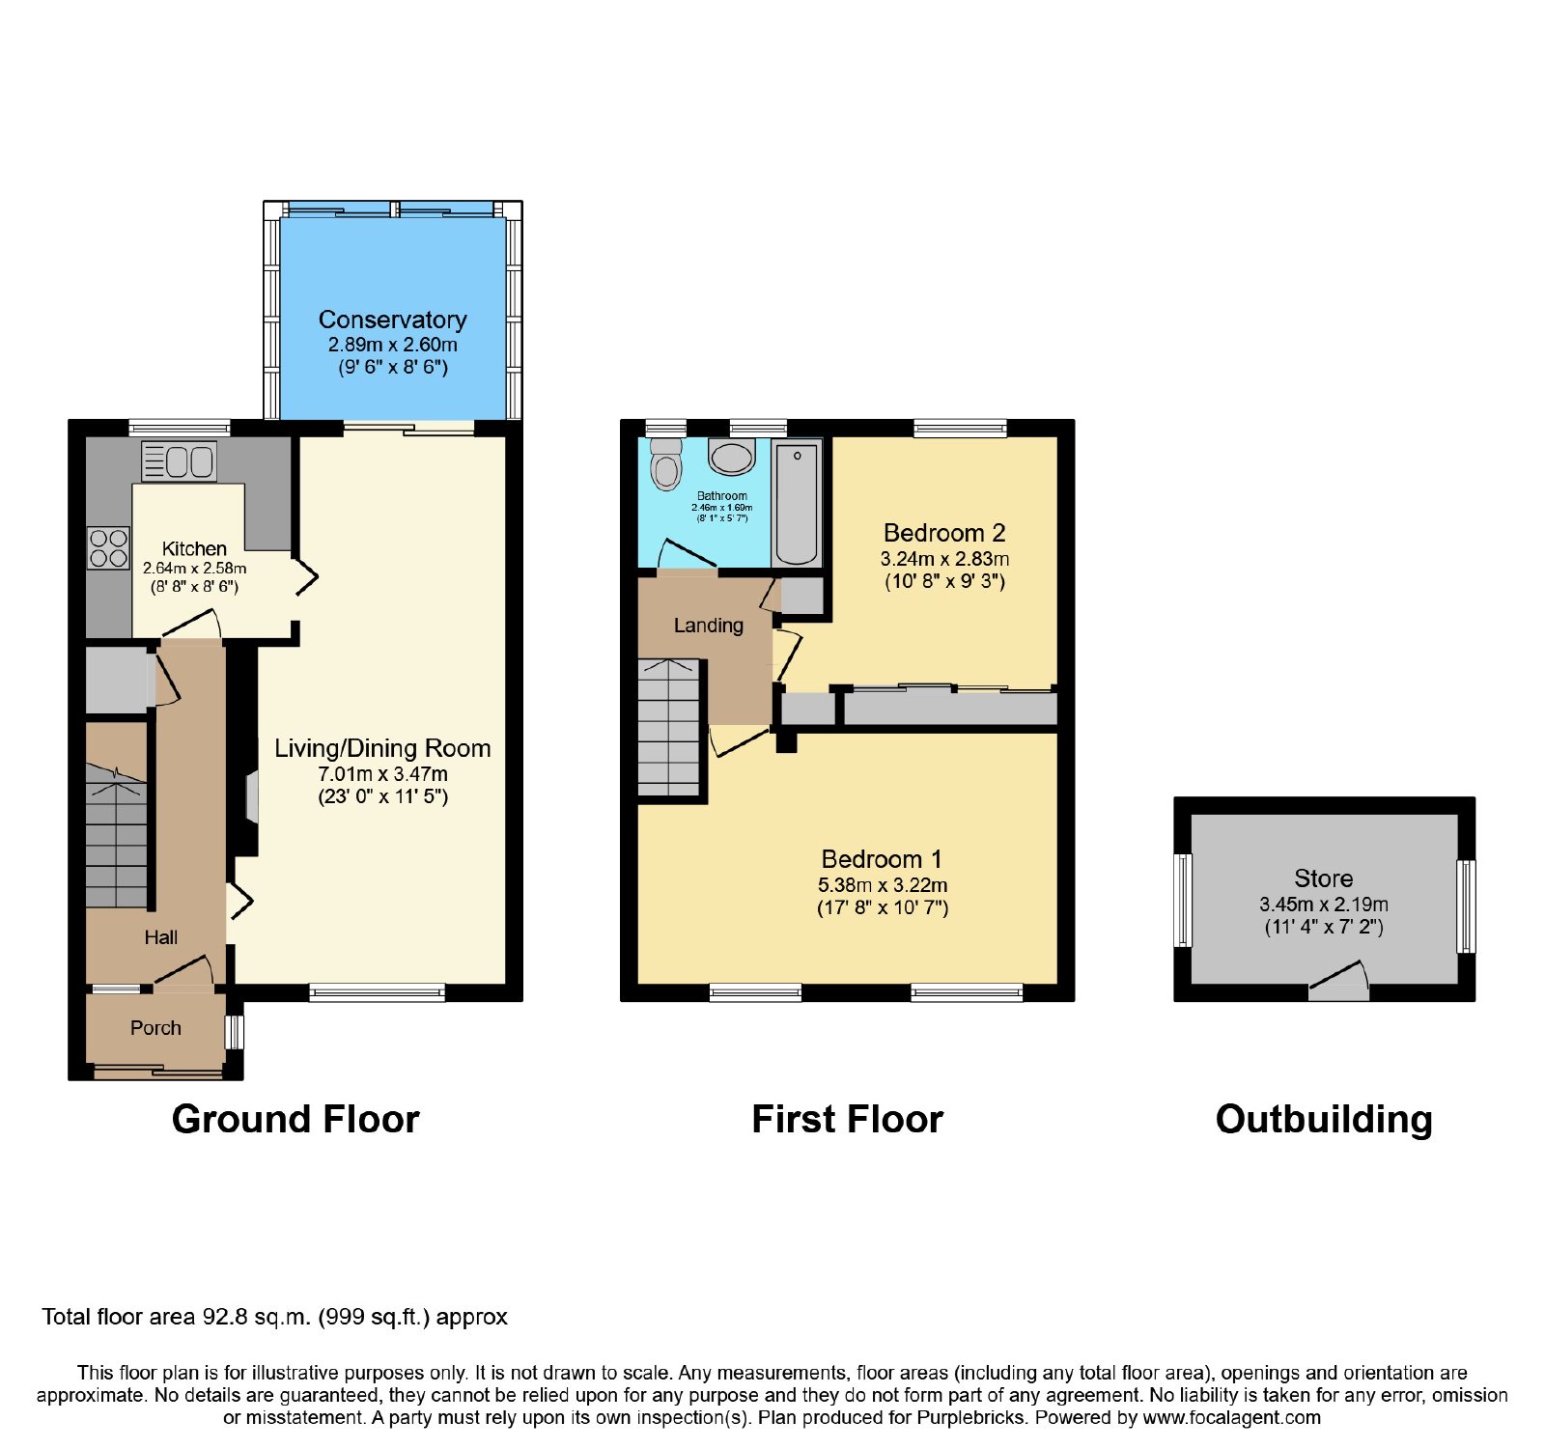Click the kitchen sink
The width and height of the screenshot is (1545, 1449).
click(x=179, y=461)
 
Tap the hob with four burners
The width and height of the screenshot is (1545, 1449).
click(x=108, y=548)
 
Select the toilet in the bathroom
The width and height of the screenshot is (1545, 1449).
click(x=666, y=463)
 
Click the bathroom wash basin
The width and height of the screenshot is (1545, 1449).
click(x=732, y=457)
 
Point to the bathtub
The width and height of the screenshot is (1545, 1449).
click(x=797, y=503)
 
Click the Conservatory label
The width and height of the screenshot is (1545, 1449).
click(x=392, y=320)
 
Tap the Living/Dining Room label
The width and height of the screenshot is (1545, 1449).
click(x=382, y=748)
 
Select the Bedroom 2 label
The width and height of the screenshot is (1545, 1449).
click(x=944, y=533)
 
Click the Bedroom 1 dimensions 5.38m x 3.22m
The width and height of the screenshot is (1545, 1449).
click(x=883, y=885)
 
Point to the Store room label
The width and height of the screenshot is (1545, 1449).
click(x=1323, y=878)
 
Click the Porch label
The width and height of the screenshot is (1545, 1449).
click(x=155, y=1028)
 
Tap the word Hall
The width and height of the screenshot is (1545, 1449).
click(x=161, y=937)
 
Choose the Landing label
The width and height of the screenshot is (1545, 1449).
click(x=709, y=626)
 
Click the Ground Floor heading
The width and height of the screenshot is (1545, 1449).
click(x=295, y=1120)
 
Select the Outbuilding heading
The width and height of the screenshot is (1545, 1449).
click(x=1324, y=1120)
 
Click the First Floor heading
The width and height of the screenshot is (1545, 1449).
click(x=847, y=1120)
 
